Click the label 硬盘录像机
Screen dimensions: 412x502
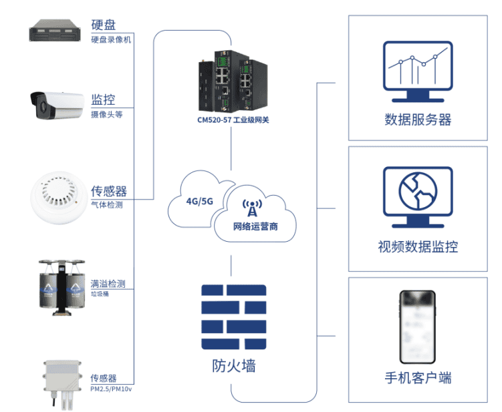click(111, 39)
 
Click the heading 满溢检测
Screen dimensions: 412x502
click(108, 284)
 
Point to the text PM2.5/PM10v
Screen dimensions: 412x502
click(110, 388)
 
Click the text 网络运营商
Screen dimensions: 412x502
click(255, 226)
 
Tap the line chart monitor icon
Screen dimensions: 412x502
click(417, 68)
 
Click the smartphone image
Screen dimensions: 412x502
click(417, 325)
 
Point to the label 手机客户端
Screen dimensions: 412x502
click(418, 378)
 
